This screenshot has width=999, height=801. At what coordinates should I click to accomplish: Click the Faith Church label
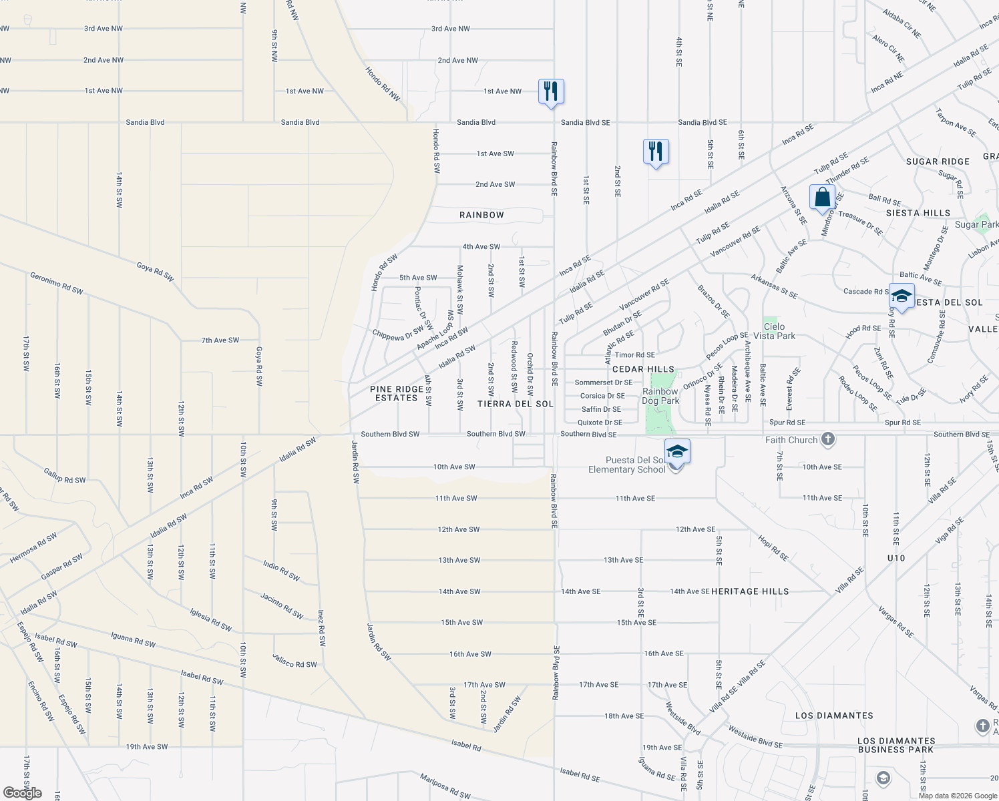791,440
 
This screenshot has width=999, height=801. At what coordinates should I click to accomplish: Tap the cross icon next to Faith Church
828,439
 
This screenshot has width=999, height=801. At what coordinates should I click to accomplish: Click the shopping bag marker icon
822,198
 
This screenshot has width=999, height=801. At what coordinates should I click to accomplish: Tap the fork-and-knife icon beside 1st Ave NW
551,91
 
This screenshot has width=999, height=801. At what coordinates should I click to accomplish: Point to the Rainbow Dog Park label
660,396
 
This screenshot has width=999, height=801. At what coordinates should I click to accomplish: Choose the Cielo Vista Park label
774,331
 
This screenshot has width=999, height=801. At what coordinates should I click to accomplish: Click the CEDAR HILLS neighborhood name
643,369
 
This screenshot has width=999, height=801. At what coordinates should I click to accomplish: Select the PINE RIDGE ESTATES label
397,393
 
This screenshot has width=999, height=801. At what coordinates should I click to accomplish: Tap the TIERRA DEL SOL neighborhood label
516,404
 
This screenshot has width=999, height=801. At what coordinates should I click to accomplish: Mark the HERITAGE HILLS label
750,591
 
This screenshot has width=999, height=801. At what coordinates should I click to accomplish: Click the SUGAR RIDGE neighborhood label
938,162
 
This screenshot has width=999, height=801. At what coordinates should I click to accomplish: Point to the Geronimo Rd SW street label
57,283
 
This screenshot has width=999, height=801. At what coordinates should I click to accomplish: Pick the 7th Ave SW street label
220,340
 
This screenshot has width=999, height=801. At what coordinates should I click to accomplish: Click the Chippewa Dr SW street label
398,334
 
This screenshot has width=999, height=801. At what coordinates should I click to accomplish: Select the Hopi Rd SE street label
773,547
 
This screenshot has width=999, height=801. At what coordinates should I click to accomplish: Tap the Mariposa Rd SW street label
445,786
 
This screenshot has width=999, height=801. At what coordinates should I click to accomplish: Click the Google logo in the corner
23,793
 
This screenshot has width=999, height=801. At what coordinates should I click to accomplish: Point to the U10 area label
896,558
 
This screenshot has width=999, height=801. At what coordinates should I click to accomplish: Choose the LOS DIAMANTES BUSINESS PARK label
896,745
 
